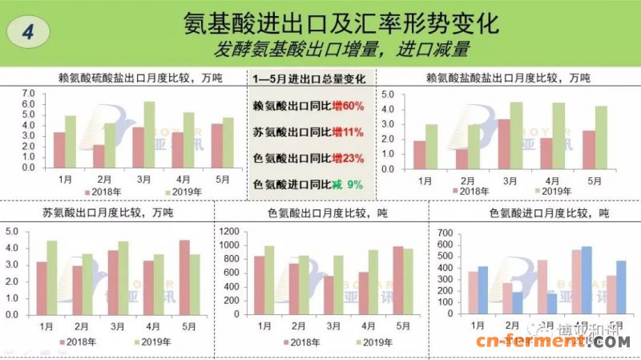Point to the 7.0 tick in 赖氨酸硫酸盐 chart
coord(29,94)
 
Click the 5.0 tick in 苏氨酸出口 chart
coord(12,232)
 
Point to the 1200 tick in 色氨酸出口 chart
coord(230,232)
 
